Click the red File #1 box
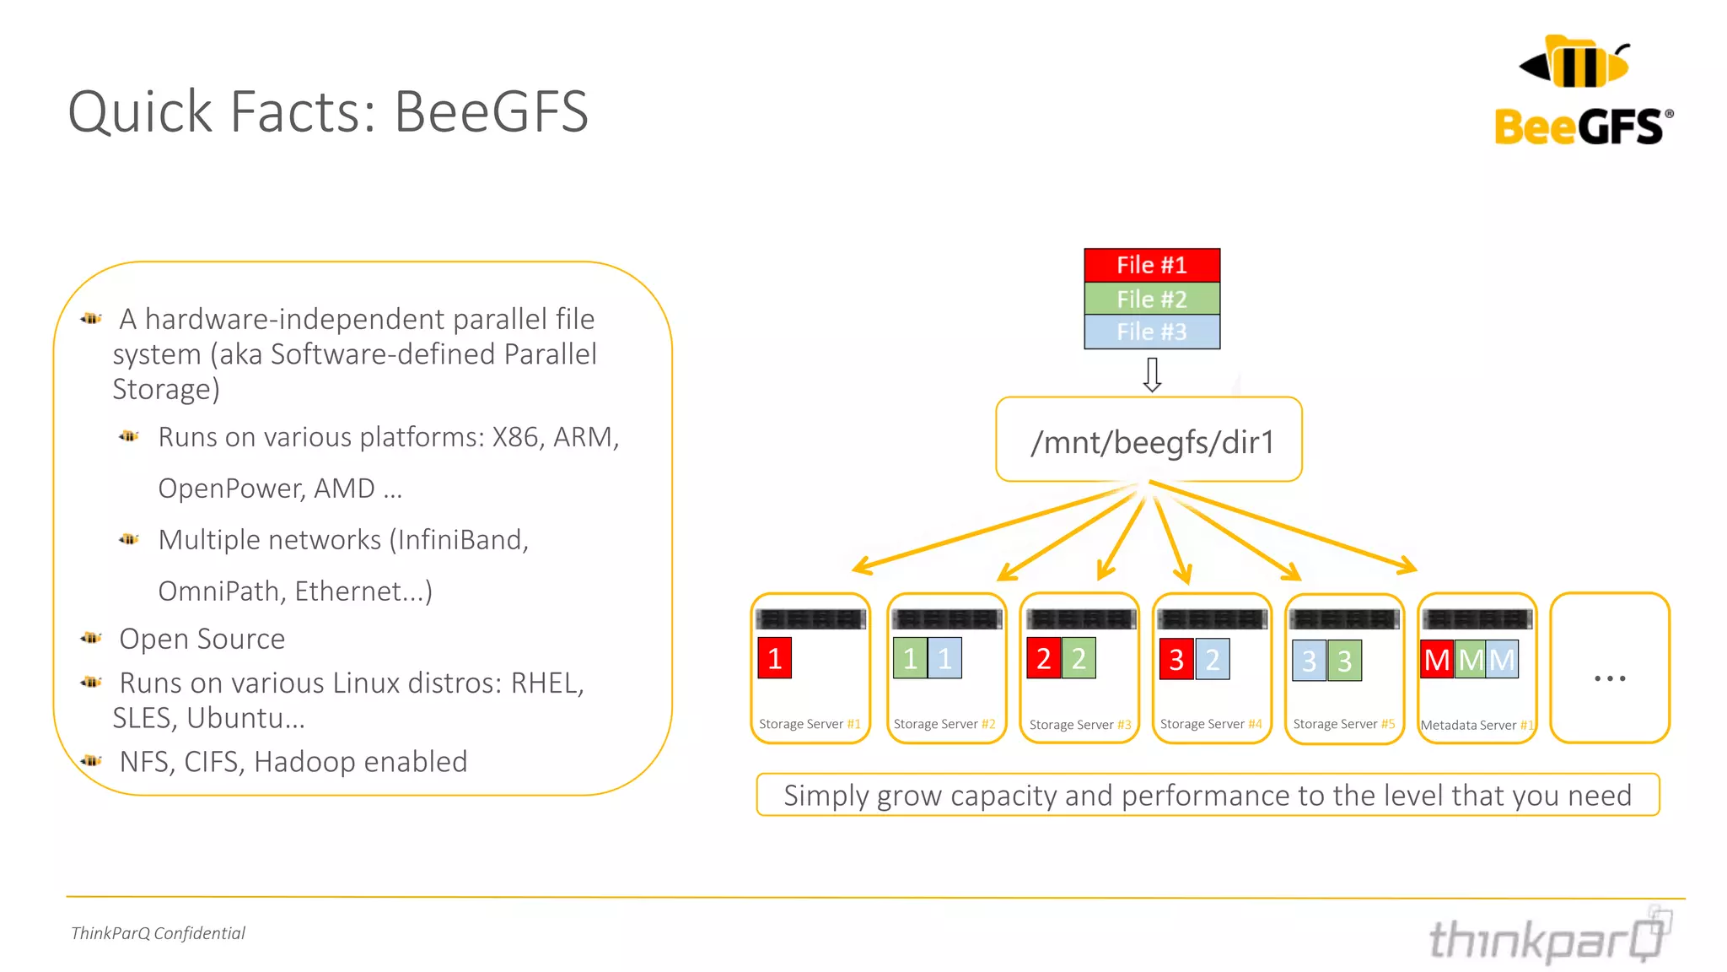pos(1151,265)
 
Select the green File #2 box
pos(1151,299)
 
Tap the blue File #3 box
pos(1151,332)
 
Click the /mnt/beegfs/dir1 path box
pos(1149,440)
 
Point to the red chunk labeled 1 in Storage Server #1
pos(774,658)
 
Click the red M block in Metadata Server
pos(1436,660)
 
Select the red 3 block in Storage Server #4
pos(1176,659)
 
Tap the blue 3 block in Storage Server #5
pos(1309,661)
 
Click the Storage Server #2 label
pos(944,724)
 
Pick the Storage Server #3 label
pos(1079,725)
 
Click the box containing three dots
pos(1609,668)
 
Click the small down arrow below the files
pos(1152,375)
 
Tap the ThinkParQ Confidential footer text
pos(158,933)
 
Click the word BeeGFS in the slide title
pos(491,111)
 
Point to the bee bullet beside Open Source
pos(91,638)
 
